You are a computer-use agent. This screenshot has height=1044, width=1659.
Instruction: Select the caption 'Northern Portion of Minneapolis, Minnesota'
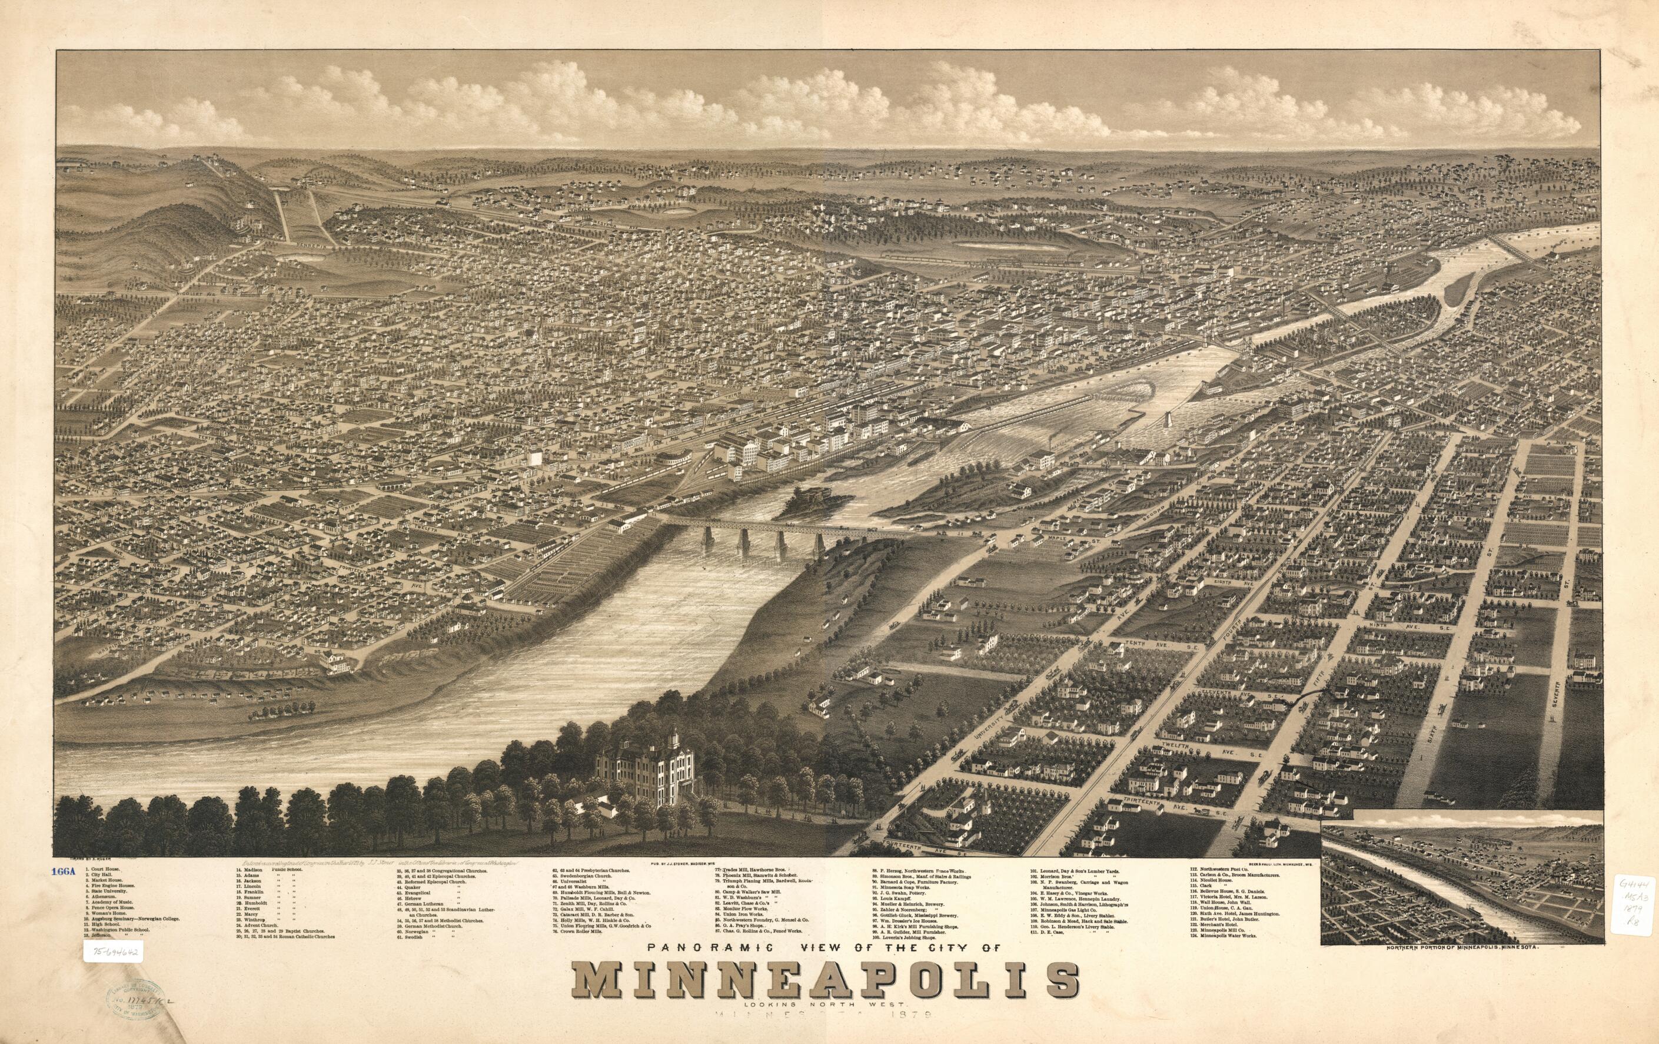[x=1454, y=967]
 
